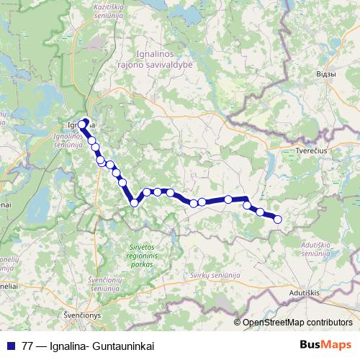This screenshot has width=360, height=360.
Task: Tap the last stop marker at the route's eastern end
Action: (x=277, y=220)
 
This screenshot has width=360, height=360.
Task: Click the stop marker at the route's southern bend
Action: (x=134, y=203)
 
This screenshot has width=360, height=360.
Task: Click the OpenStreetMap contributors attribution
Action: (x=297, y=323)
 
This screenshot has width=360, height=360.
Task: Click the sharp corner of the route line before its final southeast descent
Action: (x=246, y=198)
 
